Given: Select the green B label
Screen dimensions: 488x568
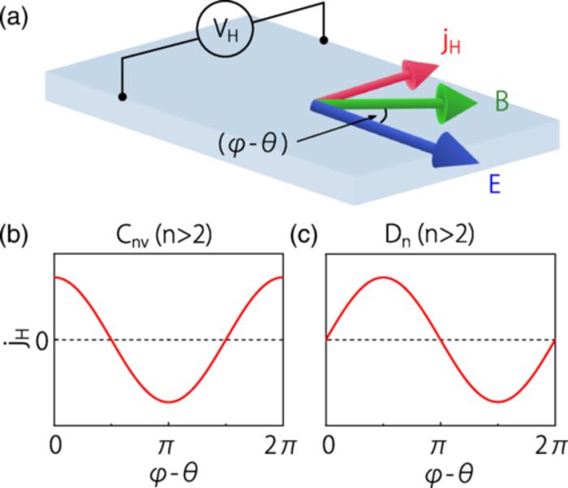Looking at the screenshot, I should click(x=504, y=102).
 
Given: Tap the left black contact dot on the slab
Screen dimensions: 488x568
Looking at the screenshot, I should click(x=123, y=97).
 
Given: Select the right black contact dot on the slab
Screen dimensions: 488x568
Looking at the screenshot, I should click(x=324, y=39).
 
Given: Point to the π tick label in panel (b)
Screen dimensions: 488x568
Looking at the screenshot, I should click(x=169, y=446).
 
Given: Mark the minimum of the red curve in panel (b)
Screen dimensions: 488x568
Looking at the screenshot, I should click(x=169, y=402).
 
